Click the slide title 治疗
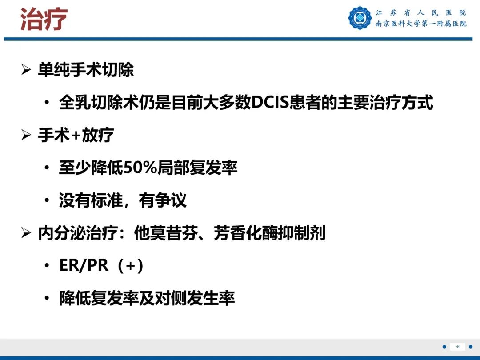[x=44, y=20]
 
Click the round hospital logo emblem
[x=360, y=18]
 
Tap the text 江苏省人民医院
[x=421, y=12]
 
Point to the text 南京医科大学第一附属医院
[x=421, y=24]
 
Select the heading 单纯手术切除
[x=86, y=70]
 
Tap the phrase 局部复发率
[x=194, y=168]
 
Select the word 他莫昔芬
[x=166, y=233]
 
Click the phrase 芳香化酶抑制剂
[x=270, y=233]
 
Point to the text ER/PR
[x=84, y=266]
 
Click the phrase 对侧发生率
[x=195, y=298]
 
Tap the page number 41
[x=457, y=347]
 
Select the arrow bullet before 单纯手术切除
[x=26, y=71]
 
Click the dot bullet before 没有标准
[x=47, y=201]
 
